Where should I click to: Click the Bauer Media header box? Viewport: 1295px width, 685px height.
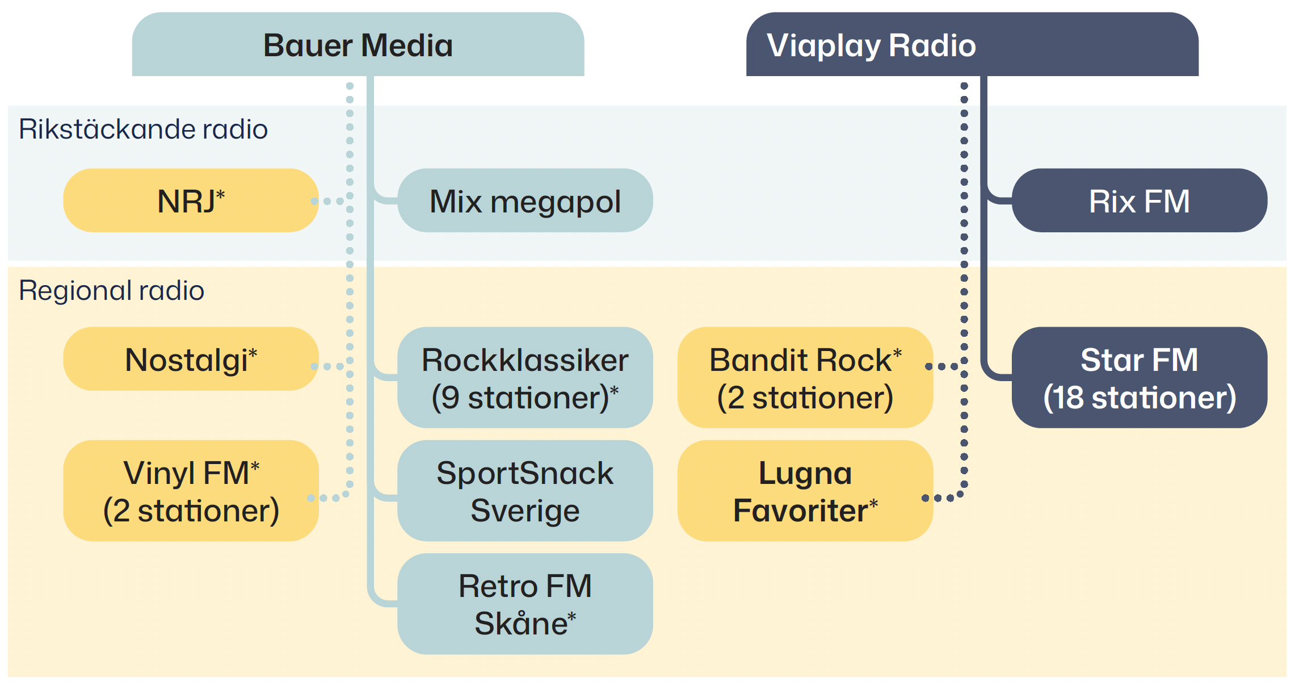tap(358, 45)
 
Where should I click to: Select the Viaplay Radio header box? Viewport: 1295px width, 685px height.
tap(972, 45)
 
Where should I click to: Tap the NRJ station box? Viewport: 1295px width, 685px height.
tap(191, 201)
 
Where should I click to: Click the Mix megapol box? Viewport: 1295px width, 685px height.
tap(525, 201)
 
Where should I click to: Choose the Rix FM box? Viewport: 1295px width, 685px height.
tap(1139, 201)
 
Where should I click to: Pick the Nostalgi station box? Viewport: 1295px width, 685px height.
tap(191, 359)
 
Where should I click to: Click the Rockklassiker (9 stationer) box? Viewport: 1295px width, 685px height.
tap(525, 378)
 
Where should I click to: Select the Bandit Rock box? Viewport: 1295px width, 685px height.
tap(805, 378)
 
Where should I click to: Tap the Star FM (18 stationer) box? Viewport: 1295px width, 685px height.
tap(1139, 378)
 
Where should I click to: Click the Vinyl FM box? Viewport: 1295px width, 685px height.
tap(191, 491)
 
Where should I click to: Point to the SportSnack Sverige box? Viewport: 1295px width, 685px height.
tap(525, 491)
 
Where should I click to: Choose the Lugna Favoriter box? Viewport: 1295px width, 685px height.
tap(805, 491)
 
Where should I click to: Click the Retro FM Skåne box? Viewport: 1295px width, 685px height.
tap(525, 604)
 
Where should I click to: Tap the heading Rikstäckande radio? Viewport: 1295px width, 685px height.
tap(143, 129)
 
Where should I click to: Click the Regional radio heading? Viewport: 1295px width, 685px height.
tap(111, 290)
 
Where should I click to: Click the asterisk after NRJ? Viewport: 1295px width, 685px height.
tap(220, 195)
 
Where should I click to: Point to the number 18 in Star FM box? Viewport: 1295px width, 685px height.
tap(1069, 397)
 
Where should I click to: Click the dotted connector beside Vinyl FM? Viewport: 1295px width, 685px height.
tap(330, 498)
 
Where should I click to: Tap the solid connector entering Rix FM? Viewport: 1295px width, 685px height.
tap(999, 200)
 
